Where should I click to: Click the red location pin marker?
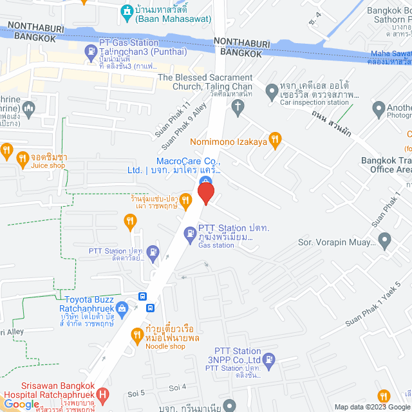[x=205, y=192]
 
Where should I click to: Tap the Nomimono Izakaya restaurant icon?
[x=276, y=138]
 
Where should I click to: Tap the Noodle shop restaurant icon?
[x=136, y=334]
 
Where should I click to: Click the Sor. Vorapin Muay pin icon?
[x=385, y=241]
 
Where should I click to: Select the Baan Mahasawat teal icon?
[x=126, y=11]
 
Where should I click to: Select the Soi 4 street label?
[x=177, y=387]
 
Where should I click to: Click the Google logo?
[x=21, y=404]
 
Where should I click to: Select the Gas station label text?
[x=216, y=245]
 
